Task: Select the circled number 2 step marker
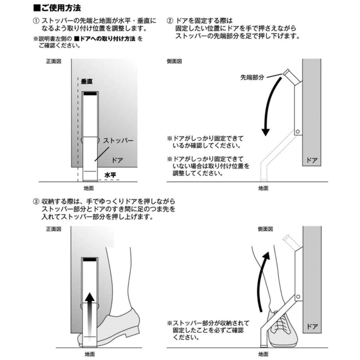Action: click(170, 22)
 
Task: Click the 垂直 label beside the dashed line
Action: click(87, 81)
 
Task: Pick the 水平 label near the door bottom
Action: click(110, 173)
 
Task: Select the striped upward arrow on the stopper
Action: click(89, 311)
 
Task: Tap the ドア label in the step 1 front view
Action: click(117, 159)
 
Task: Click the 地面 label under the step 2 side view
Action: click(263, 187)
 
